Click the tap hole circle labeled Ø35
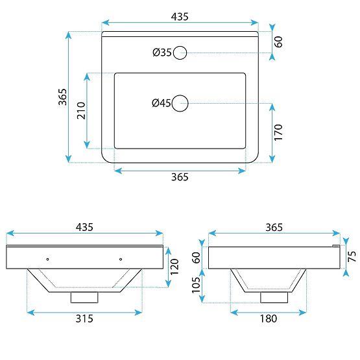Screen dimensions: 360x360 (180, 53)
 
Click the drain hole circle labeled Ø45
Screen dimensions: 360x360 (180, 102)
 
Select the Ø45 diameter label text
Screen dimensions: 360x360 (161, 102)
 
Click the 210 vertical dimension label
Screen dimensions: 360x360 (81, 111)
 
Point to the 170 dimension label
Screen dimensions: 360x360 (278, 132)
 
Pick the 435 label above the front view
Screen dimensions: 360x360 (84, 227)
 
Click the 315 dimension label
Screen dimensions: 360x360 (84, 318)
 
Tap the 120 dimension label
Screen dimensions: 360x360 (173, 265)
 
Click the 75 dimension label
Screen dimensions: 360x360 (351, 256)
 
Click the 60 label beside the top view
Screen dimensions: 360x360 (278, 43)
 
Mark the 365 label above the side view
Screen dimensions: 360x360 (274, 227)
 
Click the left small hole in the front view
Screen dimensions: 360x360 (47, 259)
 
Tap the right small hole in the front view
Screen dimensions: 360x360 (121, 259)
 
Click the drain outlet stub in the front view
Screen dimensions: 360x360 (84, 296)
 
